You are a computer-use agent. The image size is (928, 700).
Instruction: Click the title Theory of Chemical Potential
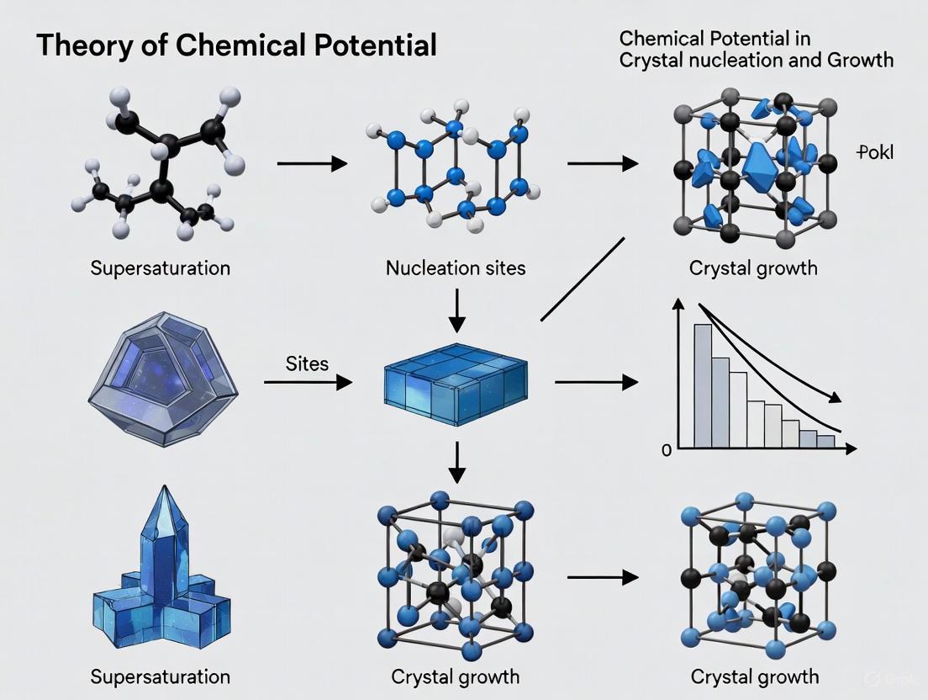(236, 45)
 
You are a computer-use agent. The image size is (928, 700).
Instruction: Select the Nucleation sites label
(456, 268)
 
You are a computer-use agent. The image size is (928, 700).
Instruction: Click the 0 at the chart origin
(667, 450)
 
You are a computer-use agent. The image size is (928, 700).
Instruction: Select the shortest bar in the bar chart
(826, 440)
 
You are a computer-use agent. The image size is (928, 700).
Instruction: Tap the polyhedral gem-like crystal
(163, 376)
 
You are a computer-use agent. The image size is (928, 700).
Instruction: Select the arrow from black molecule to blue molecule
(312, 163)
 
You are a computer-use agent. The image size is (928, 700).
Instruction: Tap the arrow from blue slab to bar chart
(596, 383)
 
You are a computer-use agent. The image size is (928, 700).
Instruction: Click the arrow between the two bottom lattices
(603, 578)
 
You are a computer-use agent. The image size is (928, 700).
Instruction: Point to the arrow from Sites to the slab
(308, 383)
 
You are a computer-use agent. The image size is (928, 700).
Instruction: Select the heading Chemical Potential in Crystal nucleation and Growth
(756, 49)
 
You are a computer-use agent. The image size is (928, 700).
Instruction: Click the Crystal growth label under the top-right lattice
(753, 268)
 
